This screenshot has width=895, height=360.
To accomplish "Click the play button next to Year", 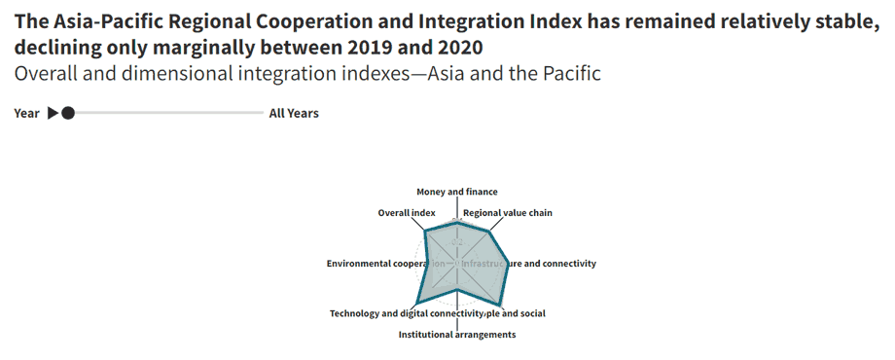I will pyautogui.click(x=53, y=113).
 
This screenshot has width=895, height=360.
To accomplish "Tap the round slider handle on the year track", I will pyautogui.click(x=67, y=113).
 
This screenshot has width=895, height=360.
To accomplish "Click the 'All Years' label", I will pyautogui.click(x=293, y=113).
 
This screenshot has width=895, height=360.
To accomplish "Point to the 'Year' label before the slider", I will pyautogui.click(x=26, y=113).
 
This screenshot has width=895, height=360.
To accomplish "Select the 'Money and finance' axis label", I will pyautogui.click(x=457, y=192).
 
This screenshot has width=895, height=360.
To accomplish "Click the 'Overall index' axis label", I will pyautogui.click(x=407, y=212).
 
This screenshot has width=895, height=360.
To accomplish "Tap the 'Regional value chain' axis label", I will pyautogui.click(x=507, y=212).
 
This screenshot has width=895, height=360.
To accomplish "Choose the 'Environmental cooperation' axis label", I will pyautogui.click(x=386, y=264).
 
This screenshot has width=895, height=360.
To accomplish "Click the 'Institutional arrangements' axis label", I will pyautogui.click(x=457, y=335).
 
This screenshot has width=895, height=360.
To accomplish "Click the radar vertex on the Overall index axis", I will pyautogui.click(x=427, y=231).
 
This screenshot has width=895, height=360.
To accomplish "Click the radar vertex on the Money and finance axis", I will pyautogui.click(x=457, y=222).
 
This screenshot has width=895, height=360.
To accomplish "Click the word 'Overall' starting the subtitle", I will pyautogui.click(x=47, y=74).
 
